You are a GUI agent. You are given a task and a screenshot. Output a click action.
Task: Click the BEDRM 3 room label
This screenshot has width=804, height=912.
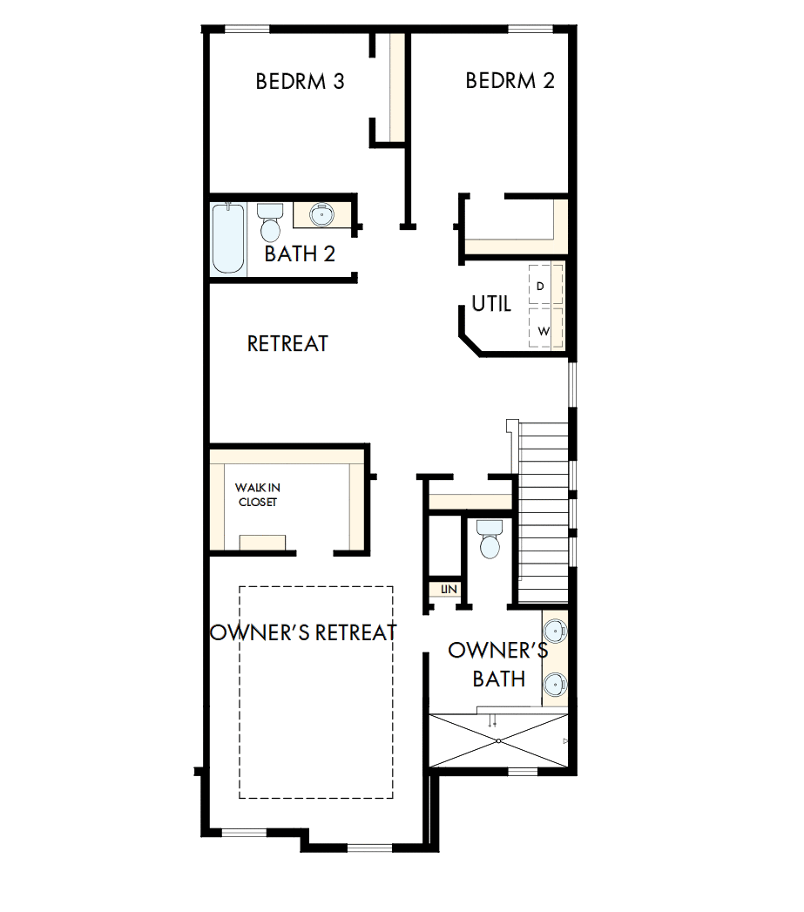(x=300, y=82)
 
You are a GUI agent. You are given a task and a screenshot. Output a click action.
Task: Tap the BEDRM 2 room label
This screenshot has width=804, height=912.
(x=510, y=81)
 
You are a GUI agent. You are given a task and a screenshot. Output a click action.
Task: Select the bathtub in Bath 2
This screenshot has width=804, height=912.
(x=228, y=238)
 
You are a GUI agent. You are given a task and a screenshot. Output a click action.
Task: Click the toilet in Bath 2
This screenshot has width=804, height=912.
(x=270, y=223)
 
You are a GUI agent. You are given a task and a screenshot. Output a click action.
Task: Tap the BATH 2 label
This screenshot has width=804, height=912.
(x=300, y=254)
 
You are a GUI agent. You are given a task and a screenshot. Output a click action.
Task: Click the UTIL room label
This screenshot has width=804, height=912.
(x=491, y=304)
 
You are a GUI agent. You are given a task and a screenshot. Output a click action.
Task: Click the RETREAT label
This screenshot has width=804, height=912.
(x=287, y=344)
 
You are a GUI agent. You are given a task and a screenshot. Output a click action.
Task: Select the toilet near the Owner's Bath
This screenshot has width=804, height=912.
(x=490, y=539)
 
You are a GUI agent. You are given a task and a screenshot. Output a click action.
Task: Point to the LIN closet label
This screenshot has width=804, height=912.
(x=449, y=590)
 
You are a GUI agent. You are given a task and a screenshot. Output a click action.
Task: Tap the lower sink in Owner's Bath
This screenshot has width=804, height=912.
(x=555, y=685)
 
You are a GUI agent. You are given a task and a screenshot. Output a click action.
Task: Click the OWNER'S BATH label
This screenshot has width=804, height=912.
(x=498, y=664)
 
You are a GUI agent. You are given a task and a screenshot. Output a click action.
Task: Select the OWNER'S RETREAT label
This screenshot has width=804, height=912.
(x=304, y=632)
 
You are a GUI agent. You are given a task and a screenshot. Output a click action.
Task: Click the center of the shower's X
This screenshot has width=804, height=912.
(x=497, y=740)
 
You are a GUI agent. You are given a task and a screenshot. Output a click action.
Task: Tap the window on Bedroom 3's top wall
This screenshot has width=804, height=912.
(x=247, y=30)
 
